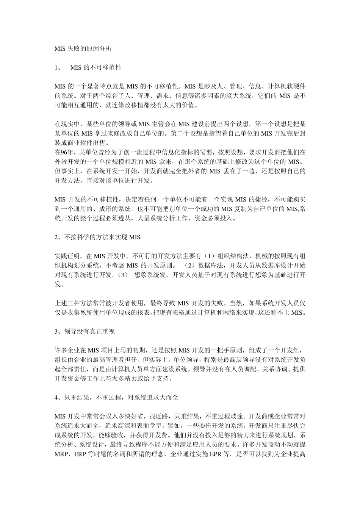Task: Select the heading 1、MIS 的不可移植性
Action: pyautogui.click(x=88, y=67)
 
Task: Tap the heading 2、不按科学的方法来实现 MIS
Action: pyautogui.click(x=97, y=237)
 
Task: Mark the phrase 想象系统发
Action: pyautogui.click(x=149, y=275)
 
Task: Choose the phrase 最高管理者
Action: pyautogui.click(x=115, y=359)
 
